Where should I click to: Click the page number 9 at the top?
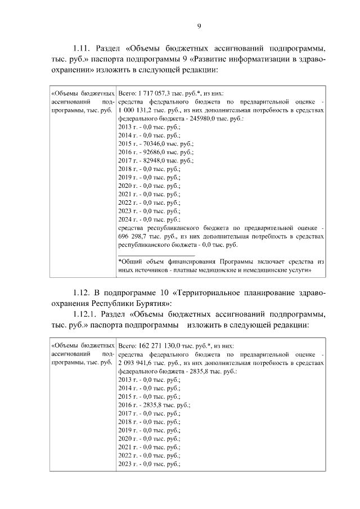199,25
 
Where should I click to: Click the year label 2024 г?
127,219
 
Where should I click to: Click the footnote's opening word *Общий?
130,262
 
